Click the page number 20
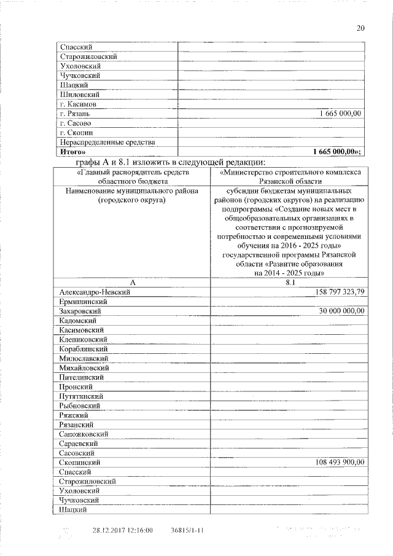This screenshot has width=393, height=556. (x=360, y=28)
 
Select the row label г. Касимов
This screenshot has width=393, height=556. (x=76, y=104)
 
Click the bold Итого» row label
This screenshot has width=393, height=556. (x=73, y=152)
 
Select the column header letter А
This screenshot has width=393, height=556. (x=131, y=283)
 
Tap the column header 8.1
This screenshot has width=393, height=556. (x=290, y=283)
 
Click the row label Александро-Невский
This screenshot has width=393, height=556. (x=95, y=292)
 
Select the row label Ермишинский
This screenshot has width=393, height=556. (x=84, y=302)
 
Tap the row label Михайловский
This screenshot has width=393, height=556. (x=85, y=367)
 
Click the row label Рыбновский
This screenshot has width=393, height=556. (x=80, y=405)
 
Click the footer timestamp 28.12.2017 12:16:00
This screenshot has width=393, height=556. (x=122, y=530)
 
